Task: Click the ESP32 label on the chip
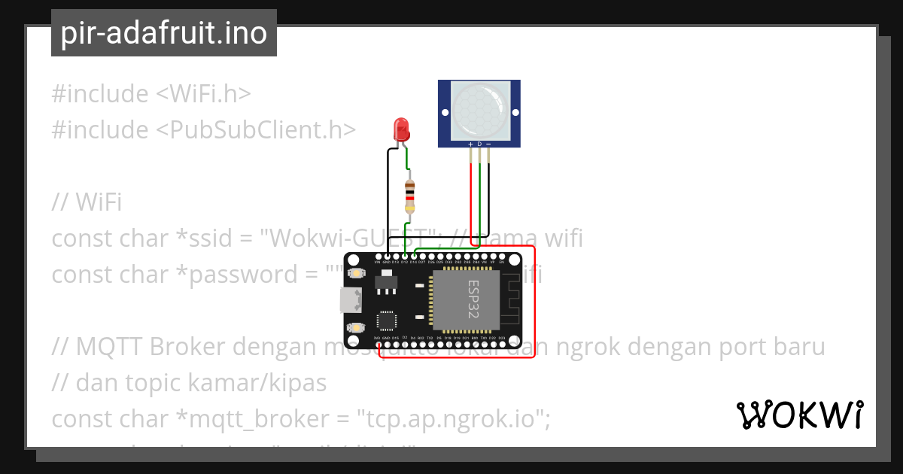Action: (x=473, y=299)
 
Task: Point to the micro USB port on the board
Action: (x=350, y=300)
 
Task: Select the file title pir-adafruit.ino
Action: (x=164, y=33)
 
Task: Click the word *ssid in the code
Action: (x=201, y=239)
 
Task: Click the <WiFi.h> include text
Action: (x=203, y=94)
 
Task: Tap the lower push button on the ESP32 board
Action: (x=356, y=328)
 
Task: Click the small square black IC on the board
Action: (x=387, y=321)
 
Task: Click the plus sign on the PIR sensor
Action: (x=471, y=143)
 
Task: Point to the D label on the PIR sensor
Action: (x=479, y=143)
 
